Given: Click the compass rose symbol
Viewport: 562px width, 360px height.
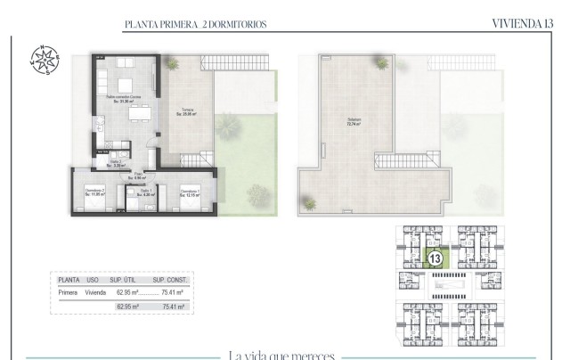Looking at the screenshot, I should pos(43,59).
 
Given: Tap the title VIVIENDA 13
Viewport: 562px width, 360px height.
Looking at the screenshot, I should pos(521,24).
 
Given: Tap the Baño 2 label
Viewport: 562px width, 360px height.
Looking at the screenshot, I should pos(116,163).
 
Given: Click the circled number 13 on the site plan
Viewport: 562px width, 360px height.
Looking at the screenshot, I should pos(436,259).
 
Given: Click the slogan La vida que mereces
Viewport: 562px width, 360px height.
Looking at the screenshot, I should pos(281,356).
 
